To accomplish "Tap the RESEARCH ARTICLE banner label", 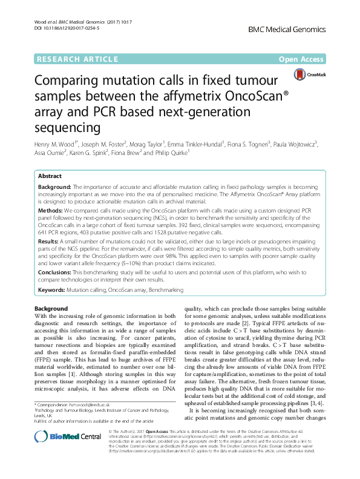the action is (x=77, y=59).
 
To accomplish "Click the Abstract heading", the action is (x=50, y=176).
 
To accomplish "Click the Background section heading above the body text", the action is (x=51, y=309).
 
